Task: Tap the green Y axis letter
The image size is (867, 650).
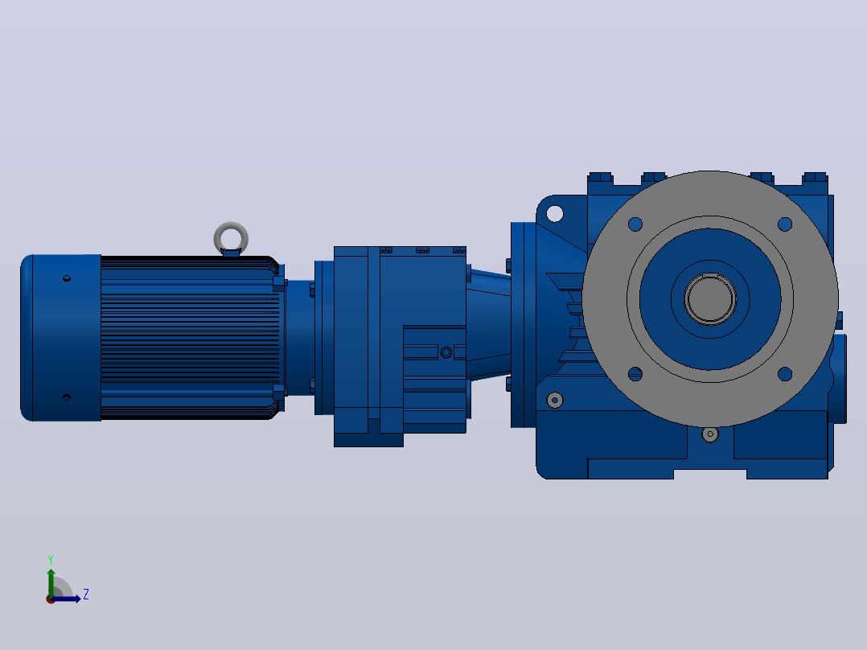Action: tap(51, 560)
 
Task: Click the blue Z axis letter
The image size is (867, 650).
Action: tap(86, 594)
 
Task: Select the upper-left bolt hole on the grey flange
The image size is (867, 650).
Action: tap(635, 224)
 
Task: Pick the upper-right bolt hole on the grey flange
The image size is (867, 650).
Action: tap(785, 224)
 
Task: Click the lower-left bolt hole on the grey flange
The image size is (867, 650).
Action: tap(635, 374)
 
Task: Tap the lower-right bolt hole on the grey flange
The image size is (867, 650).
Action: tap(785, 374)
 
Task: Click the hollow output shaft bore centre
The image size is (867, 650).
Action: tap(710, 299)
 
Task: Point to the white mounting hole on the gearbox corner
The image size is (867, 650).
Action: tap(555, 213)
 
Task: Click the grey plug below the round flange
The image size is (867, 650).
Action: tap(710, 434)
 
